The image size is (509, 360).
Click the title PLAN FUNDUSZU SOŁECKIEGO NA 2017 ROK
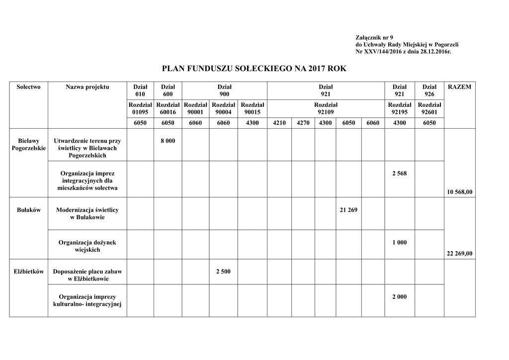click(254, 69)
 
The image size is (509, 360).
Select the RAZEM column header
click(459, 87)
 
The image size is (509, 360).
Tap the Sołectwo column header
click(28, 87)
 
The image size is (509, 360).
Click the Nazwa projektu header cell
click(87, 87)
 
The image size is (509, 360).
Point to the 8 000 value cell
click(168, 141)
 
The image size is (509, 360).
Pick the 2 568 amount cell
click(399, 174)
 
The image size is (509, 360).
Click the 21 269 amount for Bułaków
click(348, 210)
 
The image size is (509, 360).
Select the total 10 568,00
click(459, 192)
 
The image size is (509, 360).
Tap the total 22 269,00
click(459, 254)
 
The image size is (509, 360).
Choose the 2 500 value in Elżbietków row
click(224, 271)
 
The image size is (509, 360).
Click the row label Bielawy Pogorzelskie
click(28, 145)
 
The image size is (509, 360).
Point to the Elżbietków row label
click(28, 271)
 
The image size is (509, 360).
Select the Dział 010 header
click(140, 90)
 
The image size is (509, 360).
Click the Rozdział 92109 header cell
click(326, 108)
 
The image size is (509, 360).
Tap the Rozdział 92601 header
click(429, 108)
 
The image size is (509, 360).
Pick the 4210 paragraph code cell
click(279, 123)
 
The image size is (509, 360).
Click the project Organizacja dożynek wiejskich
click(87, 246)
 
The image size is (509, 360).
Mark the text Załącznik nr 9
click(374, 38)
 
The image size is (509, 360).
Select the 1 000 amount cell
click(399, 243)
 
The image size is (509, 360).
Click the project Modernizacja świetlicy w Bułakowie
click(87, 213)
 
